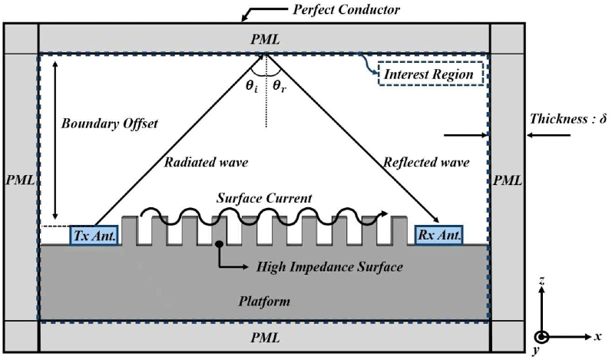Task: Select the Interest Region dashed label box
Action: pyautogui.click(x=429, y=74)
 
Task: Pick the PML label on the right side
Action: pyautogui.click(x=508, y=181)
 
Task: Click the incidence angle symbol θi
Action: pyautogui.click(x=251, y=86)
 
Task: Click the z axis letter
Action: pyautogui.click(x=544, y=282)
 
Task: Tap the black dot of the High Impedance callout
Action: pyautogui.click(x=220, y=245)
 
